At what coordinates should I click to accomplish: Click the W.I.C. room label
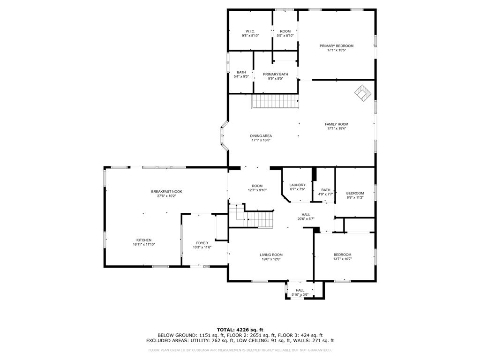click(250, 31)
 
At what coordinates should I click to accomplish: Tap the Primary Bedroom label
click(336, 46)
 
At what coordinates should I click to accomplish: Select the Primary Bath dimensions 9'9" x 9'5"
click(275, 79)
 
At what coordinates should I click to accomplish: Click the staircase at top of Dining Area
click(275, 101)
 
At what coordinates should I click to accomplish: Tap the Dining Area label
click(261, 136)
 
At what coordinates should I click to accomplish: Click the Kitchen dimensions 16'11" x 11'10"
click(144, 245)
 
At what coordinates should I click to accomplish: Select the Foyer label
click(202, 243)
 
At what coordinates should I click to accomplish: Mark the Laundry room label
click(297, 185)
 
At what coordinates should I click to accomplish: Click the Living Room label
click(271, 255)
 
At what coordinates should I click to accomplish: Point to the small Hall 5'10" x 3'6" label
click(300, 290)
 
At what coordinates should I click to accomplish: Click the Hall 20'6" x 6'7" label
click(306, 214)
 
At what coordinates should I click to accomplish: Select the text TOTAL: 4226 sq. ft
click(240, 330)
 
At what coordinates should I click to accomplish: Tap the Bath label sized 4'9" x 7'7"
click(325, 190)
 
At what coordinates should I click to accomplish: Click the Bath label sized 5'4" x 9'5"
click(241, 72)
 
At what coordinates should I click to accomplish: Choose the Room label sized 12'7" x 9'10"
click(257, 186)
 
